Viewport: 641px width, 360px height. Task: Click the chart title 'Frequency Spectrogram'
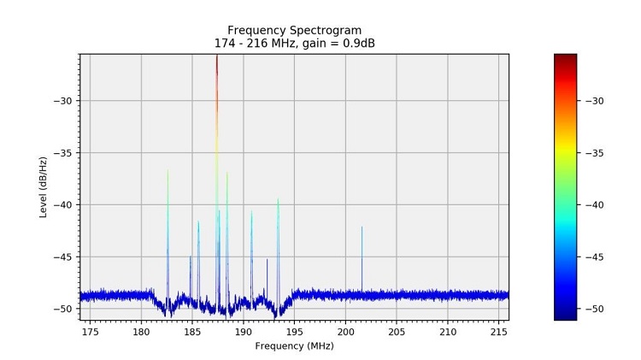(x=294, y=30)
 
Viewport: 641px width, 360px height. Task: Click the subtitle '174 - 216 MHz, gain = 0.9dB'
(x=294, y=44)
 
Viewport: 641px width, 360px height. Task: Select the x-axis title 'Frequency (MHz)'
(x=294, y=346)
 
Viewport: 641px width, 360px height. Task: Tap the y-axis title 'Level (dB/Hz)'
(x=44, y=186)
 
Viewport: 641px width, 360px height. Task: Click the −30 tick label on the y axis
(x=62, y=101)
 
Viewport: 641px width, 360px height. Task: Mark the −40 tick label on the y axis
(x=62, y=205)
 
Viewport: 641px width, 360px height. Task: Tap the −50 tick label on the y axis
(x=62, y=309)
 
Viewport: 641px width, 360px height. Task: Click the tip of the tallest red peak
(x=217, y=56)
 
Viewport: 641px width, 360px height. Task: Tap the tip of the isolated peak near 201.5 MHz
(x=362, y=227)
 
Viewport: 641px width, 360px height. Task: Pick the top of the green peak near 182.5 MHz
(x=168, y=169)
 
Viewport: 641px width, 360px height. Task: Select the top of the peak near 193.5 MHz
(x=278, y=199)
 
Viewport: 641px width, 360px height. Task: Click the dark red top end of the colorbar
(x=565, y=56)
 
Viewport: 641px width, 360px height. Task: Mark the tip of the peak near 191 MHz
(x=251, y=211)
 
